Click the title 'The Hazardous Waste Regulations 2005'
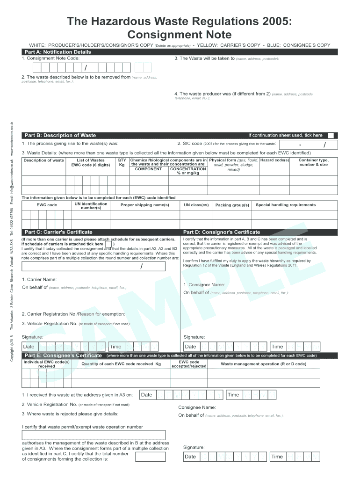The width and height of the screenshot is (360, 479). tap(180, 22)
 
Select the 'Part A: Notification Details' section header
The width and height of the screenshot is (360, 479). tap(58, 52)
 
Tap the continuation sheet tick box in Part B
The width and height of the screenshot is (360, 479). tap(330, 135)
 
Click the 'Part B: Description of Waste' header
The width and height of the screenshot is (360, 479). tap(60, 135)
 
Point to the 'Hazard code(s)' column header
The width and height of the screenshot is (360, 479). tap(274, 160)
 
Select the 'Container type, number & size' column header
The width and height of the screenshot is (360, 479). tap(314, 162)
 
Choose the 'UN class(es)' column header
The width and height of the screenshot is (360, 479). tap(196, 205)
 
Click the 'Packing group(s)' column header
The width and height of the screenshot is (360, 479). tap(232, 205)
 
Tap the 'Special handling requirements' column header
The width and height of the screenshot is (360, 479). tap(286, 205)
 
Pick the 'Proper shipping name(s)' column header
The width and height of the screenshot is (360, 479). tap(144, 205)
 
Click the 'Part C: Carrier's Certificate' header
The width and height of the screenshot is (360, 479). tap(58, 232)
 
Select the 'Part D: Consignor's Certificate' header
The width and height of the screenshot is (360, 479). tap(221, 232)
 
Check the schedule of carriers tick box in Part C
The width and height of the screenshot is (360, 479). tap(108, 244)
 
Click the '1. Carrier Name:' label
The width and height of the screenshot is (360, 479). tap(39, 279)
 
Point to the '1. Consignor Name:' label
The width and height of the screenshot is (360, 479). tap(204, 284)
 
